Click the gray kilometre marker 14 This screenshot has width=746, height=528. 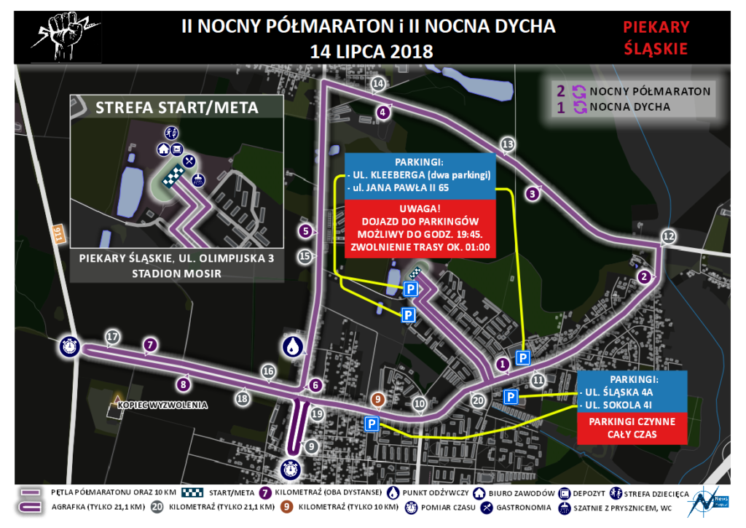click(377, 84)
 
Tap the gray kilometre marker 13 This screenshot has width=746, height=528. click(508, 143)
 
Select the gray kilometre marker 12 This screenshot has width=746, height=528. click(668, 236)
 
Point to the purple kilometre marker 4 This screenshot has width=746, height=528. click(383, 112)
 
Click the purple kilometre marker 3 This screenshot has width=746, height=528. click(533, 193)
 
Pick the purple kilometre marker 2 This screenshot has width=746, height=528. click(643, 276)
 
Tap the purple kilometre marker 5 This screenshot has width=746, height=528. click(306, 231)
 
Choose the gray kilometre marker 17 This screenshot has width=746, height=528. click(112, 337)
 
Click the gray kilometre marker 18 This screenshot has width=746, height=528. click(242, 397)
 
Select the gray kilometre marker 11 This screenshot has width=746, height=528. click(538, 379)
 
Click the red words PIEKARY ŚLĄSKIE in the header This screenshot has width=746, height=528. click(655, 39)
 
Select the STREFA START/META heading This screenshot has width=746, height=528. click(177, 108)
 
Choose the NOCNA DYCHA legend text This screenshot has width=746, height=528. click(630, 107)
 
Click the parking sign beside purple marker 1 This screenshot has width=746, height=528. click(523, 357)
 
